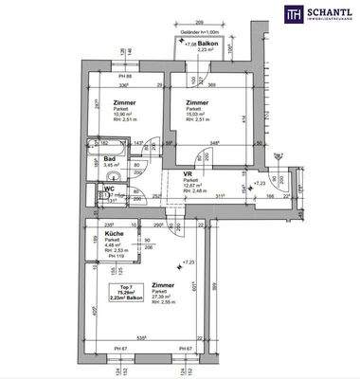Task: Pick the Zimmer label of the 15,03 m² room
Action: tap(197, 102)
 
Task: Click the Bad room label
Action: tap(110, 158)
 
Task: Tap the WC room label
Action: tap(109, 189)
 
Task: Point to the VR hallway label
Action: tap(188, 174)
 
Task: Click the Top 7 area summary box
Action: tap(119, 294)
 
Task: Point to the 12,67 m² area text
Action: tap(192, 187)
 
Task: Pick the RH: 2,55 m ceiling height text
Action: tap(165, 302)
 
